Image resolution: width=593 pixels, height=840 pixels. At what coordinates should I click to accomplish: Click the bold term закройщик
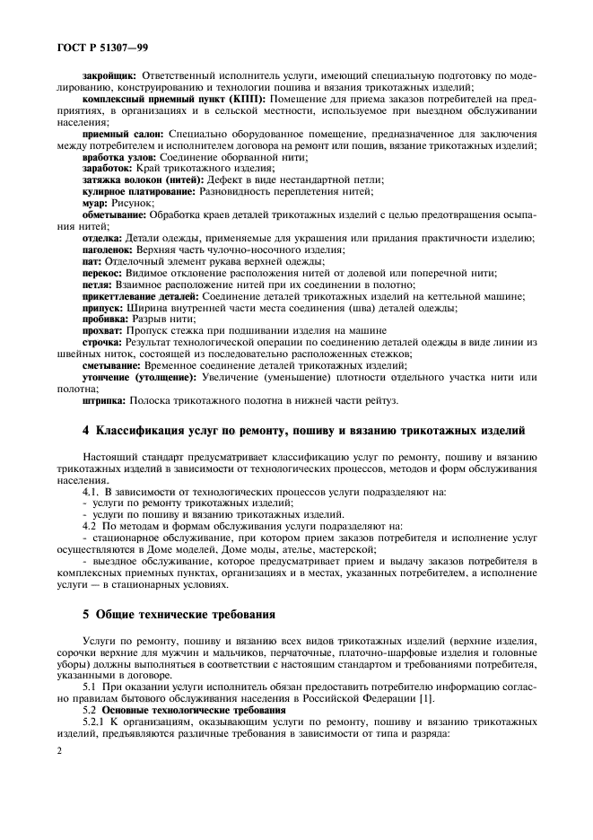tap(109, 76)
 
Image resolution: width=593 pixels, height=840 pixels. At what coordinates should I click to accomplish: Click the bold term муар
tap(93, 203)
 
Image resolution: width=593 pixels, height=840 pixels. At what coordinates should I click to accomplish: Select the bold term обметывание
tap(113, 214)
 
